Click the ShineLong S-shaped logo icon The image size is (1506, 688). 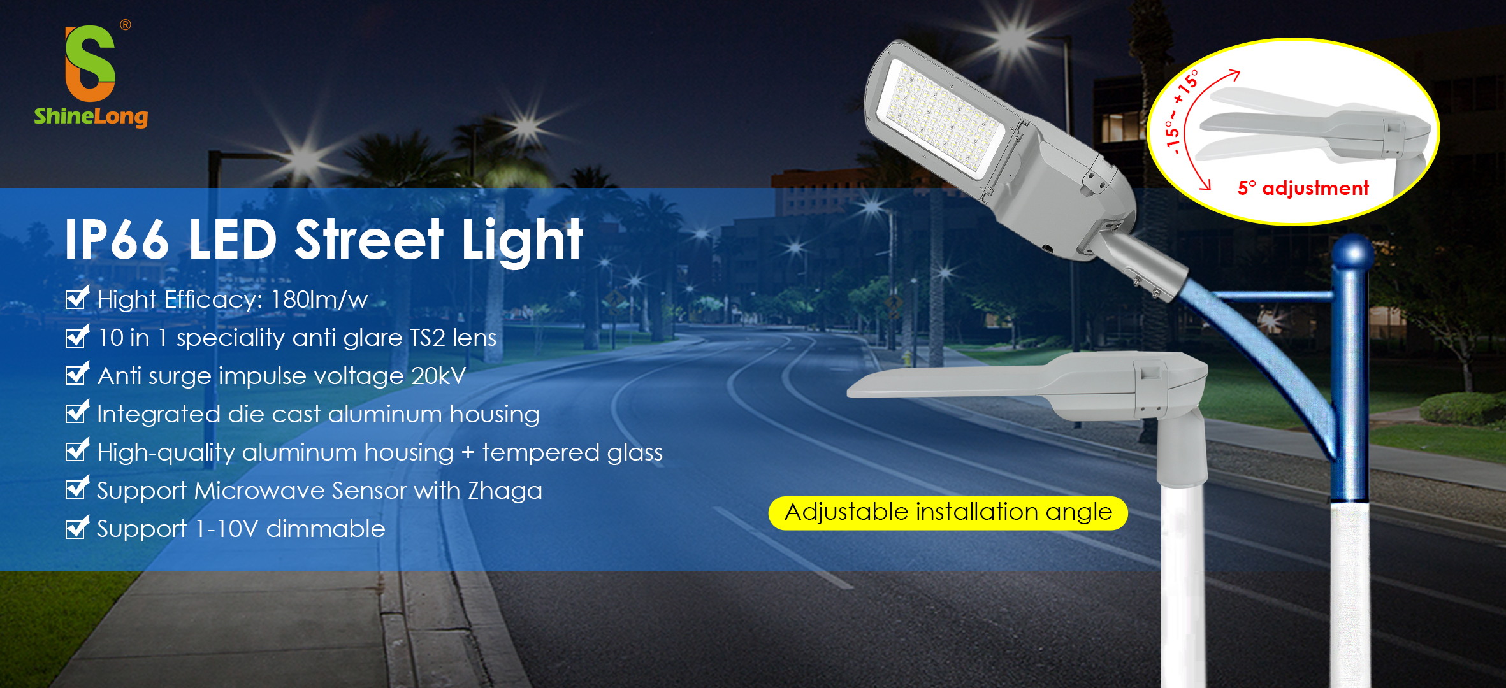coord(90,63)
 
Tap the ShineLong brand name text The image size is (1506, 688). coord(91,117)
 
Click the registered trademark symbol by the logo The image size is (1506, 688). coord(126,25)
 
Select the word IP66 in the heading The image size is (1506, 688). coord(117,240)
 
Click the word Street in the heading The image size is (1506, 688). coord(368,240)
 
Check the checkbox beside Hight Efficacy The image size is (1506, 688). coord(76,298)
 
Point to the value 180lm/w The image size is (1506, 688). coord(319,299)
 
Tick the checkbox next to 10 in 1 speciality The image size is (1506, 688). coord(76,336)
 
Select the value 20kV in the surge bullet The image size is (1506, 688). coord(438,376)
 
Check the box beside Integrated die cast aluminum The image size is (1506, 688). coord(76,413)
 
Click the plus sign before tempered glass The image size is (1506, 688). coord(468,452)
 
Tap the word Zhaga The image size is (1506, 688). coord(505,491)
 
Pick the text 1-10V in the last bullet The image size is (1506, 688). coord(226,529)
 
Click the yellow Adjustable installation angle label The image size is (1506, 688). coord(948,513)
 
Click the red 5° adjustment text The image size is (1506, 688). coord(1303,188)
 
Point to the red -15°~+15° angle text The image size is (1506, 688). coord(1180,111)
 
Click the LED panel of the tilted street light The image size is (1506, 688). coord(940,118)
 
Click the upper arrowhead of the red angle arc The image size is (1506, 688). coord(1234,75)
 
